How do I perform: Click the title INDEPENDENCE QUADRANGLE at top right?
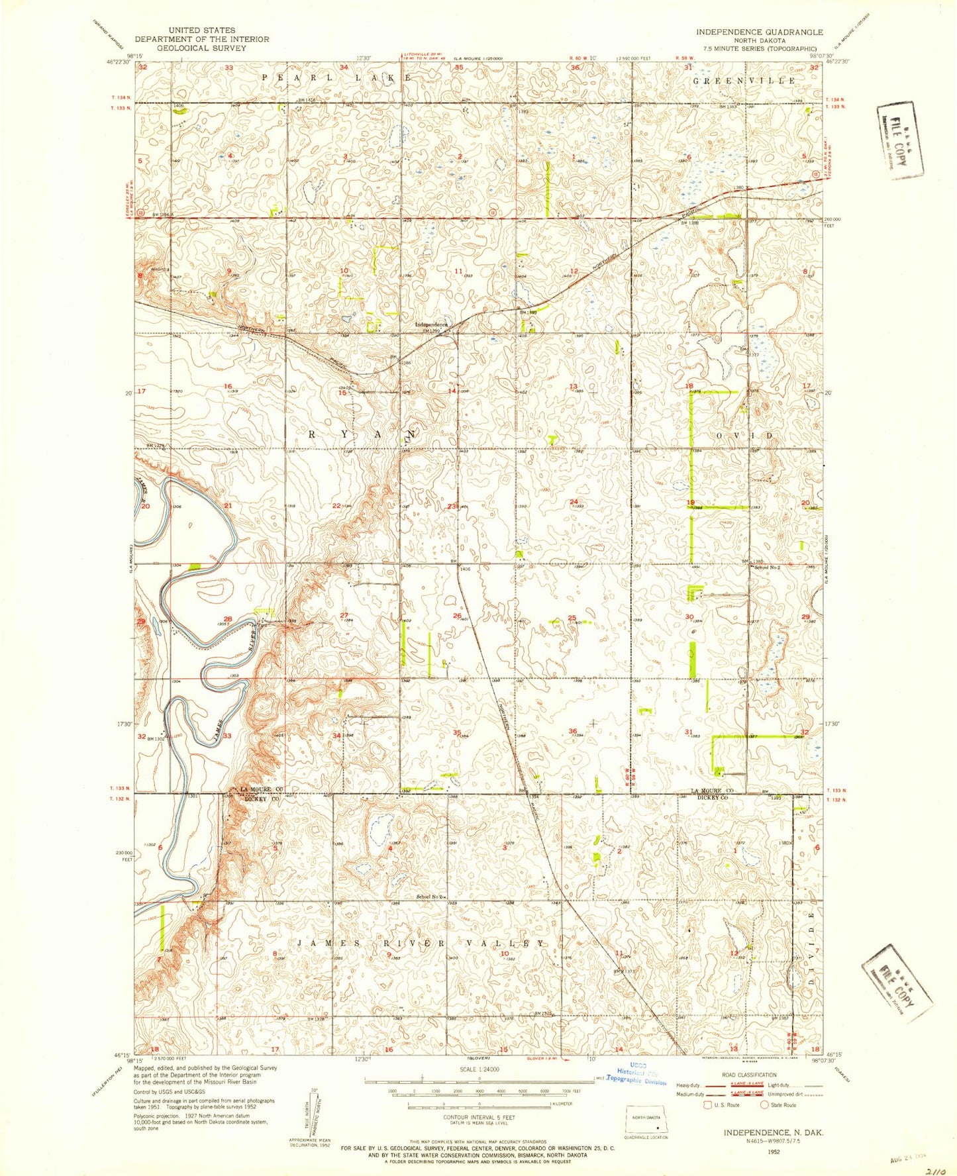pyautogui.click(x=759, y=32)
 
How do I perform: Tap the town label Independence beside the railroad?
pyautogui.click(x=431, y=325)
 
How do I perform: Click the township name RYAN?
pyautogui.click(x=363, y=434)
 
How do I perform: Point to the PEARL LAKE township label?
pyautogui.click(x=338, y=77)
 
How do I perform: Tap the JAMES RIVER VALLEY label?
pyautogui.click(x=421, y=943)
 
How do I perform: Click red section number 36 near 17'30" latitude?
pyautogui.click(x=573, y=731)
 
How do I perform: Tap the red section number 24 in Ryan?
pyautogui.click(x=574, y=501)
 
